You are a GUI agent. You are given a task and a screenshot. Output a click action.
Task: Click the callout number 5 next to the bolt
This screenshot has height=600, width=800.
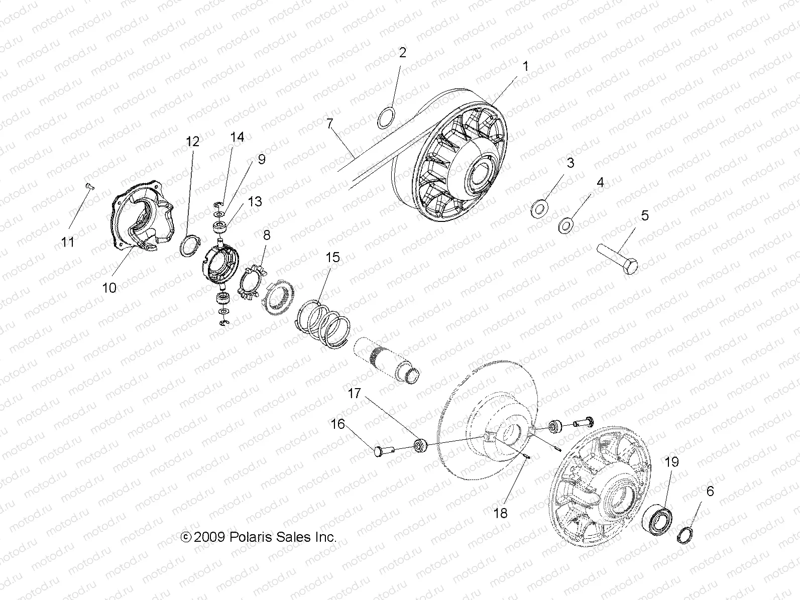[645, 215]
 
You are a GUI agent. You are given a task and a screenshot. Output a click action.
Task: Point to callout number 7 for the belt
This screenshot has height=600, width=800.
[329, 124]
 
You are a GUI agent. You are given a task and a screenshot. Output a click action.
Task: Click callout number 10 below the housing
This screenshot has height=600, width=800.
[109, 288]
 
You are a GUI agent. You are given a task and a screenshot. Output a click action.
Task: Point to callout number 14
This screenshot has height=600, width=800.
[237, 137]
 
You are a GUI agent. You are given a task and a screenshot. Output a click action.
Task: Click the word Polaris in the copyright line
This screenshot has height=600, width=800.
[251, 537]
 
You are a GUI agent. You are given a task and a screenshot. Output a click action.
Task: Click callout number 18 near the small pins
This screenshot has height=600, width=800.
[500, 513]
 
